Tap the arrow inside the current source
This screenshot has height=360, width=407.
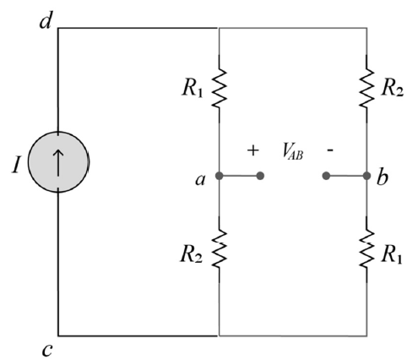tap(58, 162)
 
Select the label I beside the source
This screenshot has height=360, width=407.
tap(16, 165)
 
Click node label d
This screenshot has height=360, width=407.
tap(46, 21)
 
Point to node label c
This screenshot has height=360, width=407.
tap(47, 350)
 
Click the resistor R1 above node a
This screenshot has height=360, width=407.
tap(219, 88)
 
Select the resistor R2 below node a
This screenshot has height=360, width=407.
tap(219, 249)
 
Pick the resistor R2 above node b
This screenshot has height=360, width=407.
tap(366, 88)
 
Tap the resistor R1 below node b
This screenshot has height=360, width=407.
tap(366, 249)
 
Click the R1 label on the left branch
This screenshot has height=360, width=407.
tap(193, 89)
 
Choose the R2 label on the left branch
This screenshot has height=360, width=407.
tap(192, 254)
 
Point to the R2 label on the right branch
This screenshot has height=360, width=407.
tap(392, 89)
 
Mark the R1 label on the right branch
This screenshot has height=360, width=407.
tap(392, 255)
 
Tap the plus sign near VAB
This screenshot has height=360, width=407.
tap(252, 150)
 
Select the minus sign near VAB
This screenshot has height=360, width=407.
tap(330, 150)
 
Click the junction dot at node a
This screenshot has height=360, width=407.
tap(220, 176)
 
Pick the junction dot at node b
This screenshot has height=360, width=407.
tap(366, 176)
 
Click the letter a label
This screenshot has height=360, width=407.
tap(200, 179)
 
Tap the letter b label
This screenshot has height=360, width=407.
tap(383, 177)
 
